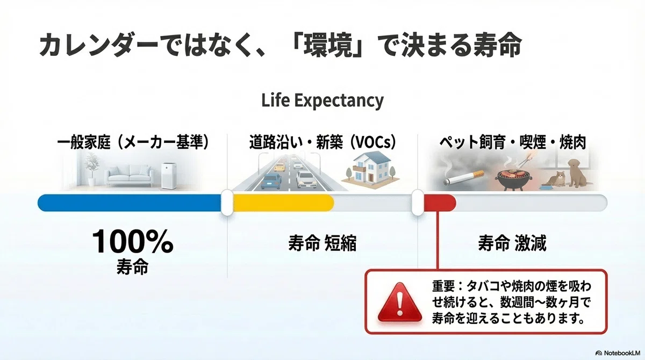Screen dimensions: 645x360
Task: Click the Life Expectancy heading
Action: [x=322, y=100]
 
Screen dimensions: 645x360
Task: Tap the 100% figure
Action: [x=132, y=242]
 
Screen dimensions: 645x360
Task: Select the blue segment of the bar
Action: [x=130, y=203]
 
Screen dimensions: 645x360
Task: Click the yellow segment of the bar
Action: [x=284, y=203]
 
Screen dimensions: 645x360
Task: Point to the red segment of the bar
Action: [x=440, y=203]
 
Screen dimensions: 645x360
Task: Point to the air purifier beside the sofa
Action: [x=169, y=176]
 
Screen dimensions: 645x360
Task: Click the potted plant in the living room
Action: [x=91, y=169]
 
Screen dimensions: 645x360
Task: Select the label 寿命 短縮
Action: [x=322, y=243]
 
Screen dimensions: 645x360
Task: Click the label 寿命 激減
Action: [x=512, y=243]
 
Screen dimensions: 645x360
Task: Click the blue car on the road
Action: [x=271, y=181]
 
